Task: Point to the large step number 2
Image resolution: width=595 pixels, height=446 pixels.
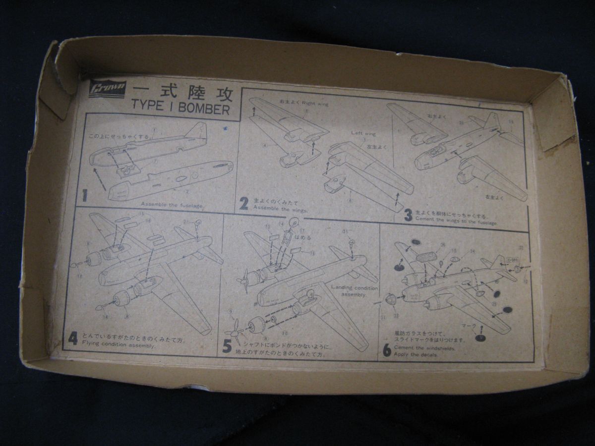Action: click(243, 203)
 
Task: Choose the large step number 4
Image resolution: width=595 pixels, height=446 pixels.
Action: click(73, 339)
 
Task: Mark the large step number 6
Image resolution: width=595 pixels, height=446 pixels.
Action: click(387, 350)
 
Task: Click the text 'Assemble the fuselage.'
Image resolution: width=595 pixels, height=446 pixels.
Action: click(172, 205)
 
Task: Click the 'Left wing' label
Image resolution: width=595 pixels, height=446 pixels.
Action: click(363, 133)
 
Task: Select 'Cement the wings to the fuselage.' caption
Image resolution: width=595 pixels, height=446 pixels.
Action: click(456, 223)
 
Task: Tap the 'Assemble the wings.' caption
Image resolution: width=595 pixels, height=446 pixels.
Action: click(280, 209)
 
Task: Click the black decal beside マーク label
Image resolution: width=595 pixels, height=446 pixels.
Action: click(479, 338)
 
